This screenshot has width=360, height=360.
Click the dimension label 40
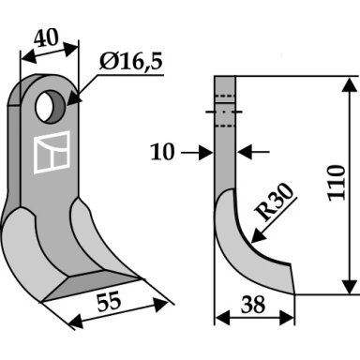pyautogui.click(x=46, y=37)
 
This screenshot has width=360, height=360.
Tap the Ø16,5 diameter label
pyautogui.click(x=131, y=62)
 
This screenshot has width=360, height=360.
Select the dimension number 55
pyautogui.click(x=109, y=302)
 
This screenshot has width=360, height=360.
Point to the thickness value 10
pyautogui.click(x=162, y=152)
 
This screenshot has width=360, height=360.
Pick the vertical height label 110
pyautogui.click(x=337, y=183)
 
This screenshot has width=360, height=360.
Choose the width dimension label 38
pyautogui.click(x=253, y=305)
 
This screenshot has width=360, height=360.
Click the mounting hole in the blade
pyautogui.click(x=51, y=107)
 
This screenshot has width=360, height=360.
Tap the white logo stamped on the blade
pyautogui.click(x=52, y=152)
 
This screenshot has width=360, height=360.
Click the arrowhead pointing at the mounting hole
pyautogui.click(x=73, y=97)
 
